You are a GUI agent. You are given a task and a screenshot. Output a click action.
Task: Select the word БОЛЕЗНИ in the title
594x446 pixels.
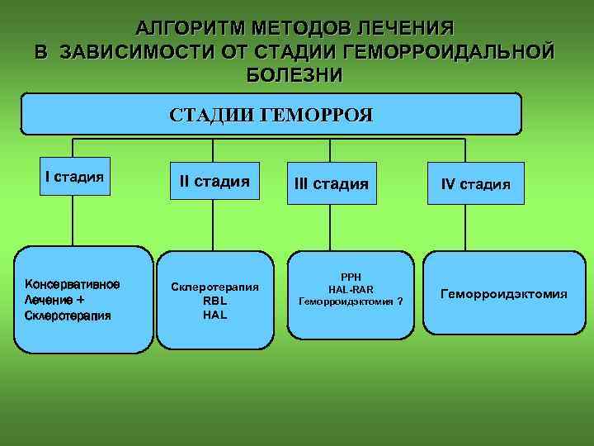click(295, 74)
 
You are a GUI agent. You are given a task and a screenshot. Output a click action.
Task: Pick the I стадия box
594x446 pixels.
click(74, 176)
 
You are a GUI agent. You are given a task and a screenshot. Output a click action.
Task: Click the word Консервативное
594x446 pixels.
click(72, 285)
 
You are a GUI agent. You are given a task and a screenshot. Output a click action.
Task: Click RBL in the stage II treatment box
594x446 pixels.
click(214, 301)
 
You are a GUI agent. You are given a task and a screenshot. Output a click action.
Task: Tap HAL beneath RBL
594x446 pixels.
click(214, 315)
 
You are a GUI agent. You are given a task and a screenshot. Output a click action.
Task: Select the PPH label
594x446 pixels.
click(351, 276)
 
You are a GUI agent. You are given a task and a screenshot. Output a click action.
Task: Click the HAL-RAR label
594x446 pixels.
click(351, 289)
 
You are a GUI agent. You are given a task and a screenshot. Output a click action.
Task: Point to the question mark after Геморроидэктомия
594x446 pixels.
click(399, 302)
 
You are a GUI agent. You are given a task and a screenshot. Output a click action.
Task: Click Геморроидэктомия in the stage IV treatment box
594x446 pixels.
click(503, 294)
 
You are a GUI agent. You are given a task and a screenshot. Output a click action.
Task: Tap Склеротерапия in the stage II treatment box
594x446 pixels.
click(214, 287)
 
